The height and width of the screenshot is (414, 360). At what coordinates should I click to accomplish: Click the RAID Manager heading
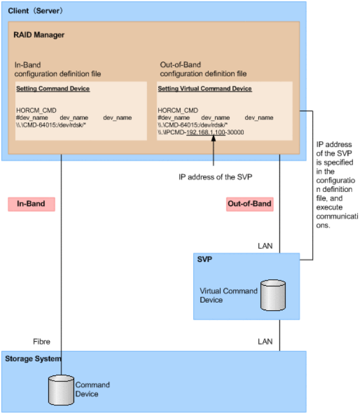(39, 35)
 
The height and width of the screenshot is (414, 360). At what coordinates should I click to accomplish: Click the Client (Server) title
(36, 11)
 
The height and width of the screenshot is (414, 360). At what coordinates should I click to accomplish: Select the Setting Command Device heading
(53, 89)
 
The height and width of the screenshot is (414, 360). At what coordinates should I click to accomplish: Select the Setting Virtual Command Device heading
(205, 89)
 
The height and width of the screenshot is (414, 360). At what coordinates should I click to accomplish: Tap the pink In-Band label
(32, 204)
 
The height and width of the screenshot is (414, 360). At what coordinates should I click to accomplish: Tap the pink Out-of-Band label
(249, 204)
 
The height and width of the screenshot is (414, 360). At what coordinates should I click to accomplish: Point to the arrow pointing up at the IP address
(214, 152)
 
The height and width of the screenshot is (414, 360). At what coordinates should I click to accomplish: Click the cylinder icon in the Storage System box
(60, 389)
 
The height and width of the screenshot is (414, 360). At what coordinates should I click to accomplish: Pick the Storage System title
(33, 358)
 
